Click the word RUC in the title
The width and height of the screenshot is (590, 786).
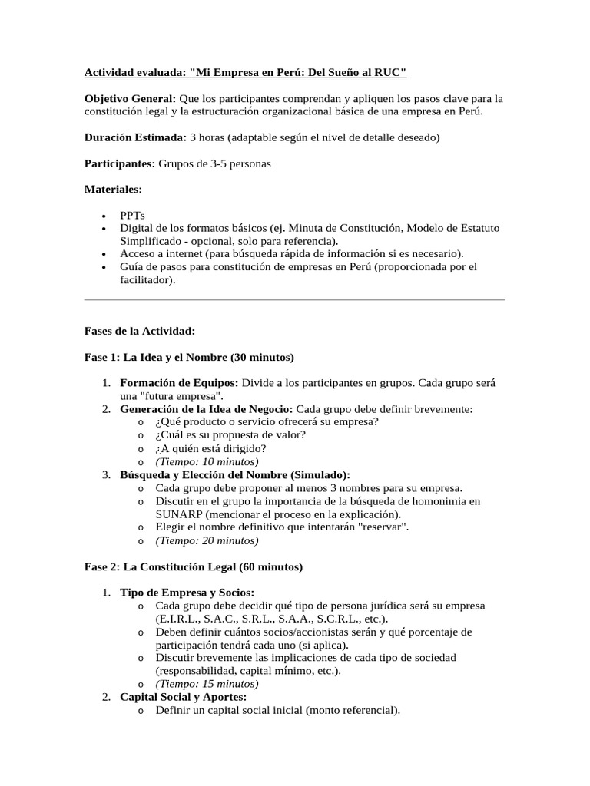pos(388,72)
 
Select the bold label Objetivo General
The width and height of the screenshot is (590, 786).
pos(130,98)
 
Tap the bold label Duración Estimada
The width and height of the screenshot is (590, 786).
pos(135,137)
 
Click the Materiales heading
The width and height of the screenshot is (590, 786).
pos(113,189)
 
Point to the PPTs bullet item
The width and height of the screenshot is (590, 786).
pos(132,216)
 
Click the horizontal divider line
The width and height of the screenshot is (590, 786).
pos(294,299)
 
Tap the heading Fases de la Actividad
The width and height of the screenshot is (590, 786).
pos(139,331)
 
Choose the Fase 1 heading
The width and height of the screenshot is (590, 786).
pos(188,357)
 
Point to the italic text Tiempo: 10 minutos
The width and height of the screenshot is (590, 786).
pos(207,461)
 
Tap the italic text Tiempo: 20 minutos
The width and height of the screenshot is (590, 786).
pos(207,540)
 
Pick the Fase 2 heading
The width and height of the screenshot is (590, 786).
pos(193,567)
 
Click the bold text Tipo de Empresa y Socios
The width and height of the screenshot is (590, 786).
pos(187,593)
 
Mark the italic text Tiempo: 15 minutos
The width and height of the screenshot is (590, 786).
pos(207,684)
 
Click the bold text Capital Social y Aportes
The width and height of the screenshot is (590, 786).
pos(183,697)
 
